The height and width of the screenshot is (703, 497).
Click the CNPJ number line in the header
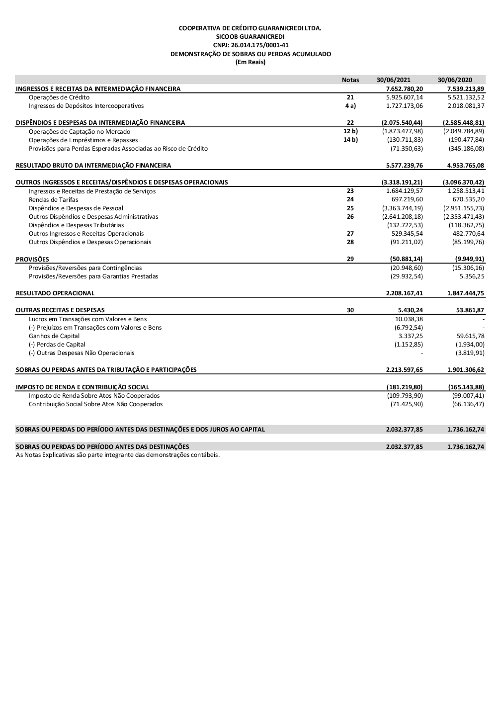(250, 45)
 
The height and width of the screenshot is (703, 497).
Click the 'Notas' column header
(350, 80)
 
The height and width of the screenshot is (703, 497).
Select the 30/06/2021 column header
(394, 80)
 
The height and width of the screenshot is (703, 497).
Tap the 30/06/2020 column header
(455, 80)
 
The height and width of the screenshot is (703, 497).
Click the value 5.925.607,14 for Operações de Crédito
(404, 97)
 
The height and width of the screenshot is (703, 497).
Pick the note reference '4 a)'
(350, 106)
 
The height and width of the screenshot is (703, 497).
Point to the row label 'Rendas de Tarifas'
(53, 200)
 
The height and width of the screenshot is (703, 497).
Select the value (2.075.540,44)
(402, 123)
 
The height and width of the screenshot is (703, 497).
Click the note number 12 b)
(350, 131)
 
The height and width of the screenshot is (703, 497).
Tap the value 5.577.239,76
(404, 165)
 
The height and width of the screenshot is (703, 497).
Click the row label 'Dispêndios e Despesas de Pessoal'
(76, 208)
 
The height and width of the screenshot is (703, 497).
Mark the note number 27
(350, 234)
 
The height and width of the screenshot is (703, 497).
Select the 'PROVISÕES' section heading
(33, 259)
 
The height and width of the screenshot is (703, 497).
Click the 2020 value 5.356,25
(472, 276)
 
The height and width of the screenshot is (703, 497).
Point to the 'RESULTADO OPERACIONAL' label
(55, 293)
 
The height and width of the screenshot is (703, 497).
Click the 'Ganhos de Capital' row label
(54, 336)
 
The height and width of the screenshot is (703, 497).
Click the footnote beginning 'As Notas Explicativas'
(118, 455)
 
